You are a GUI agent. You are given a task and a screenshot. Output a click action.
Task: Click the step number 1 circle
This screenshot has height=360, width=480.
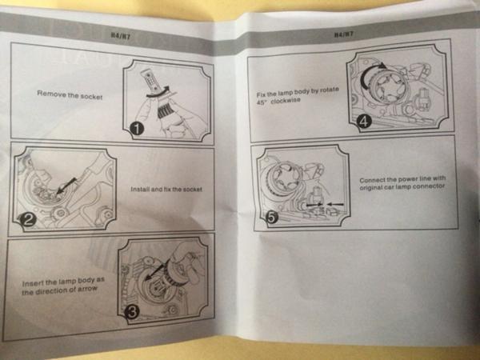[137, 129]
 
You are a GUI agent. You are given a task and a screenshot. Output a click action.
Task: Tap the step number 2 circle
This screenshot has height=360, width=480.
[28, 220]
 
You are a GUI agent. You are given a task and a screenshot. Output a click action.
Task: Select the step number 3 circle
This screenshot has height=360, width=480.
[132, 312]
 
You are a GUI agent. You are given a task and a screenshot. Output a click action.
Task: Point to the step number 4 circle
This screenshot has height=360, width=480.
[364, 122]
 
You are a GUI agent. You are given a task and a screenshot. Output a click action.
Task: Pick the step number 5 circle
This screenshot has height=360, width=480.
[272, 218]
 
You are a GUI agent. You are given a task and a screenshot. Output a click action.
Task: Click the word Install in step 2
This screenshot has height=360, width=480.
[139, 189]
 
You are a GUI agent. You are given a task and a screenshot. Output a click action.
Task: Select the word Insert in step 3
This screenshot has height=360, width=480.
[30, 283]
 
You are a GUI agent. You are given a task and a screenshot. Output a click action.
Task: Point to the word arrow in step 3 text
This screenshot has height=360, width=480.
[87, 289]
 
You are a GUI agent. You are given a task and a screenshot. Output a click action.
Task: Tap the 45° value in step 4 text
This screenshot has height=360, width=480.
[262, 102]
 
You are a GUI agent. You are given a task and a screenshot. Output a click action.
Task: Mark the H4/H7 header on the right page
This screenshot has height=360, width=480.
[344, 34]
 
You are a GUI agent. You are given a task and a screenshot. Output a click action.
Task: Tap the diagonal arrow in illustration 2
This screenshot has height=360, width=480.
[66, 185]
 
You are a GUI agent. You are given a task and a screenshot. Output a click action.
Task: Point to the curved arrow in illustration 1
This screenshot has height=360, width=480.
[158, 93]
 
